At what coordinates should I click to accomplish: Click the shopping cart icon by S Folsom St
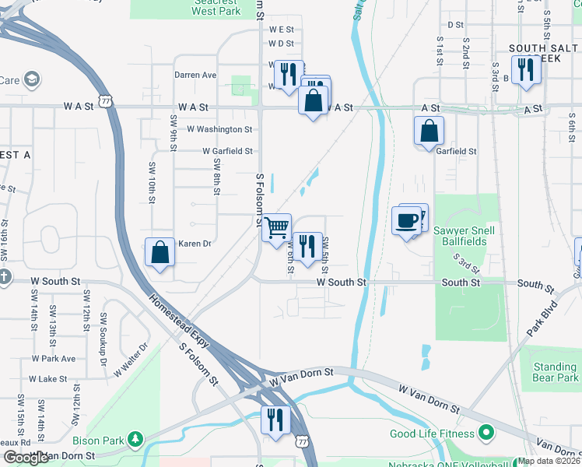[x=276, y=228]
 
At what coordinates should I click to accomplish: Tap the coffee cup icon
[x=406, y=221]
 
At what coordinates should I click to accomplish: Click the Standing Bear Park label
[x=556, y=372]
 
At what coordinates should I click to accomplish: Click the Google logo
[x=25, y=458]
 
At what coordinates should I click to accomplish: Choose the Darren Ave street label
[x=195, y=75]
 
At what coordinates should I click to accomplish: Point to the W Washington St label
[x=219, y=129]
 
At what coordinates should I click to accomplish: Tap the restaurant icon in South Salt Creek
[x=527, y=69]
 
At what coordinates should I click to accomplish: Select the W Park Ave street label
[x=54, y=359]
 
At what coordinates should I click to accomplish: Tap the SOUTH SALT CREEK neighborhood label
[x=543, y=54]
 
